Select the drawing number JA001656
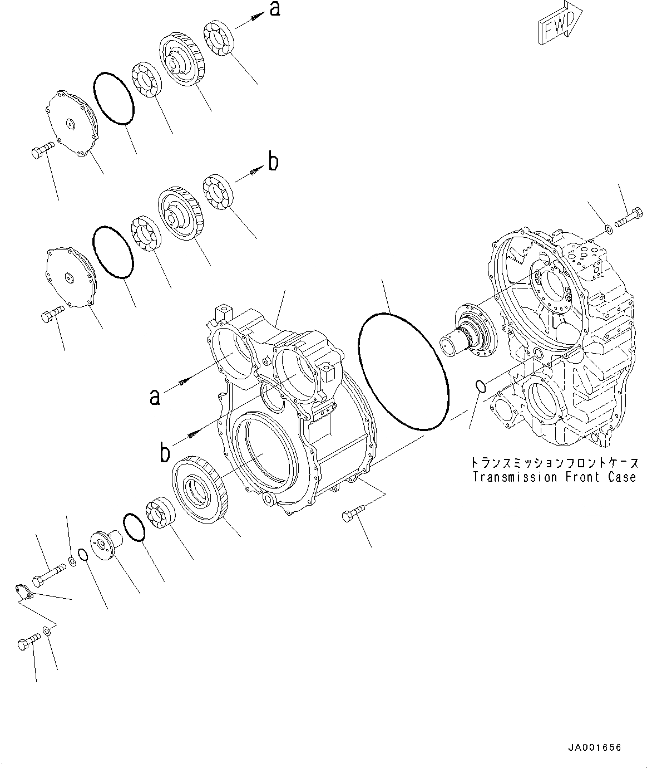[594, 747]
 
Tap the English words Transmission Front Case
[554, 477]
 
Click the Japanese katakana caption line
[554, 463]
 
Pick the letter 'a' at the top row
[275, 9]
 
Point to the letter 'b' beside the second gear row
[273, 162]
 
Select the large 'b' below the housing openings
[165, 452]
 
